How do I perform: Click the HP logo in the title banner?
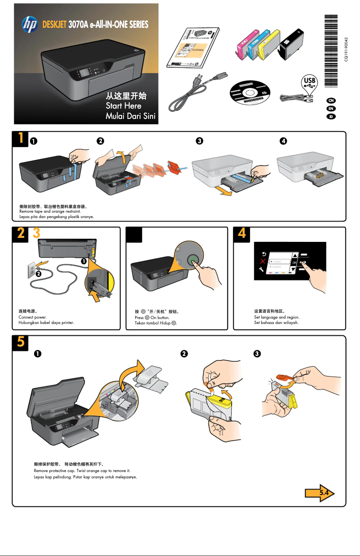(30, 24)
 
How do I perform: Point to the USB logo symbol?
(310, 82)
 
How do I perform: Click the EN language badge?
(331, 108)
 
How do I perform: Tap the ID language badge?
(331, 117)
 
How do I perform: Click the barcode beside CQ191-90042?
(331, 45)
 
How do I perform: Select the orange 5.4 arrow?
(320, 493)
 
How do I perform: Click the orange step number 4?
(242, 234)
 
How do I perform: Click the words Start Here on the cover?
(123, 106)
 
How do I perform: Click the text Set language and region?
(277, 317)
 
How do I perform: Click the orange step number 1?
(20, 139)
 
